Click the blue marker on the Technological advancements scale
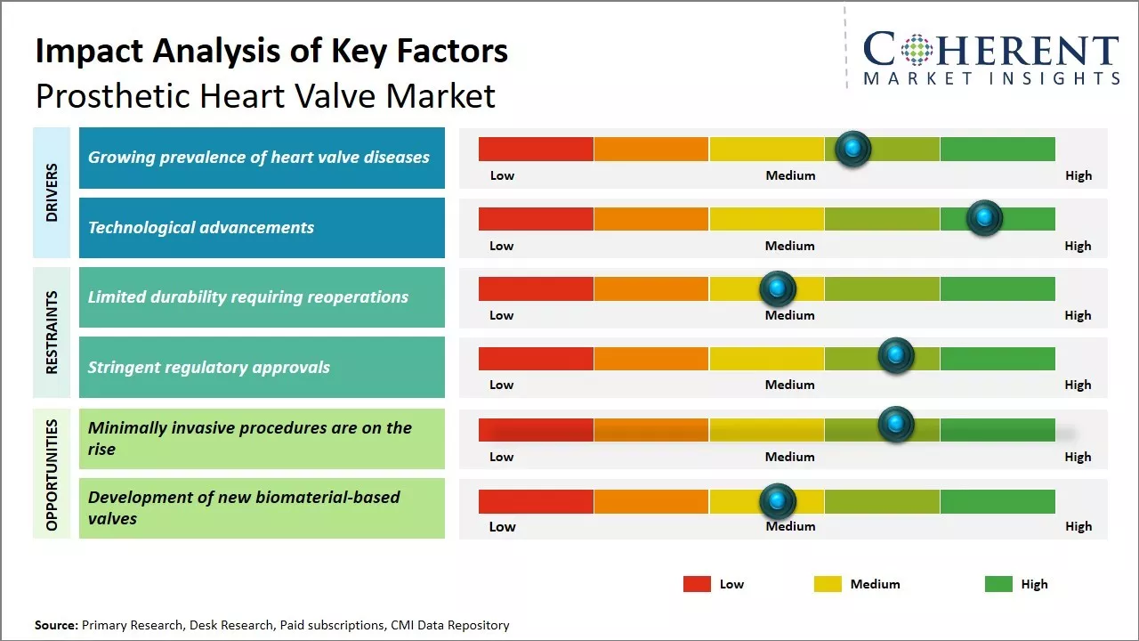984,218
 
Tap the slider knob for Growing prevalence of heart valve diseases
852,149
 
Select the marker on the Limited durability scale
778,288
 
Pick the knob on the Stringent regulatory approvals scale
896,356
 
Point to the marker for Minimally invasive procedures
896,425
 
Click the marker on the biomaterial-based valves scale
778,502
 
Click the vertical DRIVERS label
52,192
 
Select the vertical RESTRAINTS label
52,332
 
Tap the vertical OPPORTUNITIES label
52,475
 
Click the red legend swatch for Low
697,584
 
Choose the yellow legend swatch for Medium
828,584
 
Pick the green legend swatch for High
998,584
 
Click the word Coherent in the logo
990,51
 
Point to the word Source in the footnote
55,625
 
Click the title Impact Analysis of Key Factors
271,51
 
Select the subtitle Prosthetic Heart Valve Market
265,95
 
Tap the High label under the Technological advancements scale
1078,246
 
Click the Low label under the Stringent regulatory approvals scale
502,385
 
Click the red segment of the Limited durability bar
536,288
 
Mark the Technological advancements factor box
262,228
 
